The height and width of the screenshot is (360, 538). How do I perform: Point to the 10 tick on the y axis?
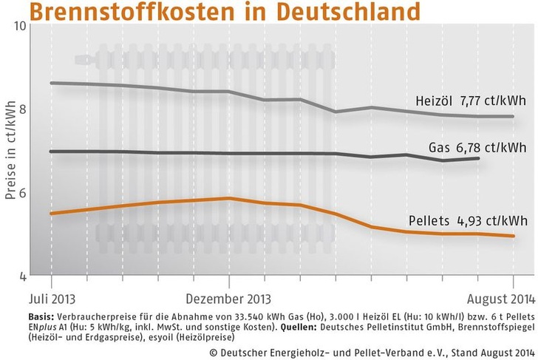tap(21, 27)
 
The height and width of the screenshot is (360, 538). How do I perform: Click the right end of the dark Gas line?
tap(479, 158)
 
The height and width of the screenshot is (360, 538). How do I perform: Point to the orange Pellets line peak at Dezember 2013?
tap(229, 198)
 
